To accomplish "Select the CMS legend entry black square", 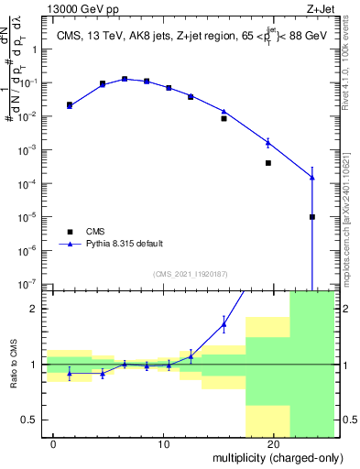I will (70, 232).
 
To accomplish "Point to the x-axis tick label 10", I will (164, 444).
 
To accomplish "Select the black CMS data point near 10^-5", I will (312, 217).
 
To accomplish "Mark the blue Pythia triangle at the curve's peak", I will (125, 79).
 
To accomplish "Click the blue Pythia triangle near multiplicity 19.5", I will (268, 142).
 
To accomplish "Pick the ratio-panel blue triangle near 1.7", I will (224, 323).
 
